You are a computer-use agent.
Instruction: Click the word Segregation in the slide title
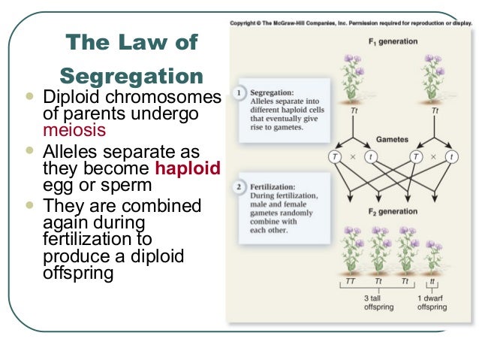pos(131,76)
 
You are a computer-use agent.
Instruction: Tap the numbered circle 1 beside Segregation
pos(239,93)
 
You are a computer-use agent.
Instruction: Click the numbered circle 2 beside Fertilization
pos(239,186)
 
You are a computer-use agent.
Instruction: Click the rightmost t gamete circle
pos(451,157)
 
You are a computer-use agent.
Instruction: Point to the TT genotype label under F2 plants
pos(350,281)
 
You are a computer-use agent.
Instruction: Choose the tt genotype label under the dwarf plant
pos(432,281)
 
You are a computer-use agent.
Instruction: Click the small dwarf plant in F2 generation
pos(433,256)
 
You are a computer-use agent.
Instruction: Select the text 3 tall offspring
pos(378,302)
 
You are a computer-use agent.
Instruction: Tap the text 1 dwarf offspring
pos(432,302)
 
